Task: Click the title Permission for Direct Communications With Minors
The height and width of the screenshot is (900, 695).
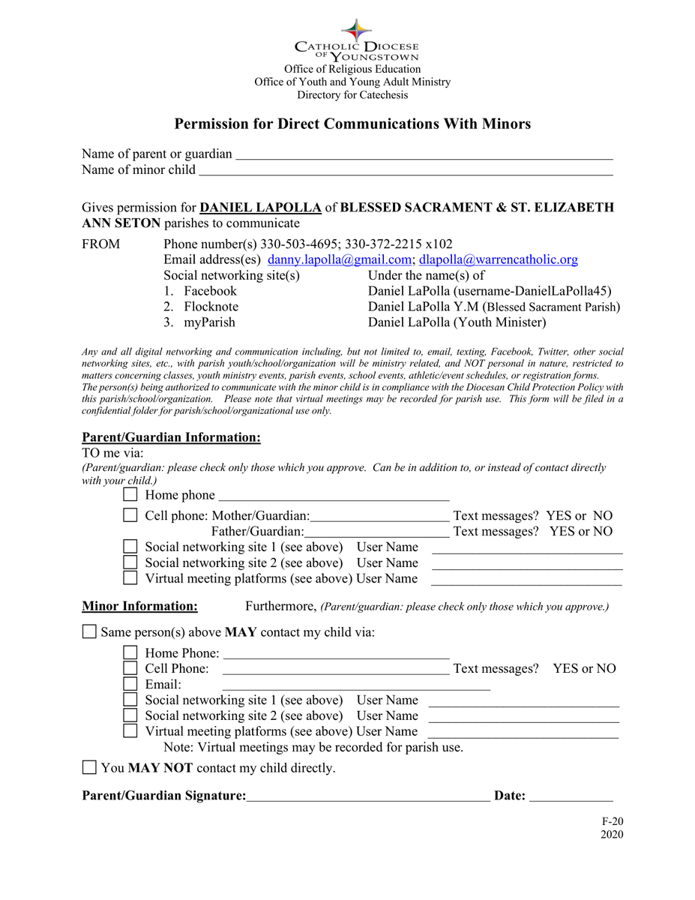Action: [353, 124]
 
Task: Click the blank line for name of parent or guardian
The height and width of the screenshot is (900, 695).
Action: [424, 156]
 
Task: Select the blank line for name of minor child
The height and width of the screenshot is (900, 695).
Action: [405, 172]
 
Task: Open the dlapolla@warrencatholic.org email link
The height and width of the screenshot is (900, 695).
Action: [499, 259]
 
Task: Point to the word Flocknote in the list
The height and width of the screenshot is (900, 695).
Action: [211, 307]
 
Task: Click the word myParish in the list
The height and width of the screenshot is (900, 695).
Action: [209, 322]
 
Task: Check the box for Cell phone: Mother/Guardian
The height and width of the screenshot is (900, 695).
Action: [130, 515]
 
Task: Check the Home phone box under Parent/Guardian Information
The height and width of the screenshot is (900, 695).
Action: [130, 495]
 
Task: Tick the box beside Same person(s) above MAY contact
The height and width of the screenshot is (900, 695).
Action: [89, 631]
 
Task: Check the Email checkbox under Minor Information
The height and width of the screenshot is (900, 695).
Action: [130, 684]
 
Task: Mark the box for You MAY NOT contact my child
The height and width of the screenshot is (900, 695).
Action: [89, 767]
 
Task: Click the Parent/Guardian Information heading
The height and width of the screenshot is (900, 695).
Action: [171, 437]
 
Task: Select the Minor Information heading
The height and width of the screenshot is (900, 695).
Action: [139, 606]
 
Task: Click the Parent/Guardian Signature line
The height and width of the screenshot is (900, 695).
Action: [368, 797]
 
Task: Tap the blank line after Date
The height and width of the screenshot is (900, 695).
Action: [571, 797]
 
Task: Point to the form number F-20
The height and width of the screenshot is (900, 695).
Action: [612, 821]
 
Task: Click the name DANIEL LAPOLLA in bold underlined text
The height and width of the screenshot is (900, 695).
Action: [261, 208]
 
